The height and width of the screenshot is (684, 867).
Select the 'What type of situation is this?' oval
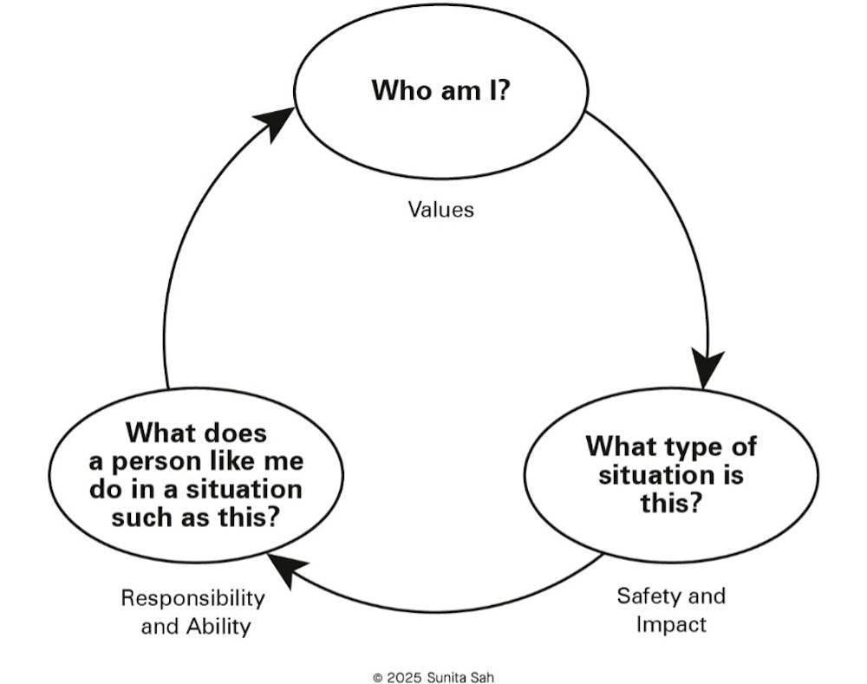click(x=670, y=474)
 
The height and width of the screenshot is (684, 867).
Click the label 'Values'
click(x=441, y=209)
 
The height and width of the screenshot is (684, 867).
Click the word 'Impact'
click(x=670, y=624)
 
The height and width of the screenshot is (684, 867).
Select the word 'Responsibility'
click(x=192, y=597)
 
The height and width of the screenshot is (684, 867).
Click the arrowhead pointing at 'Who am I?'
click(x=279, y=124)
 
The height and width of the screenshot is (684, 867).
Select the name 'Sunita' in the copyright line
click(x=448, y=677)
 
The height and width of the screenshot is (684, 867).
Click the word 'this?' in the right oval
click(x=670, y=503)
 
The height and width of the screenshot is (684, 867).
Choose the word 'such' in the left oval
click(x=140, y=518)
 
